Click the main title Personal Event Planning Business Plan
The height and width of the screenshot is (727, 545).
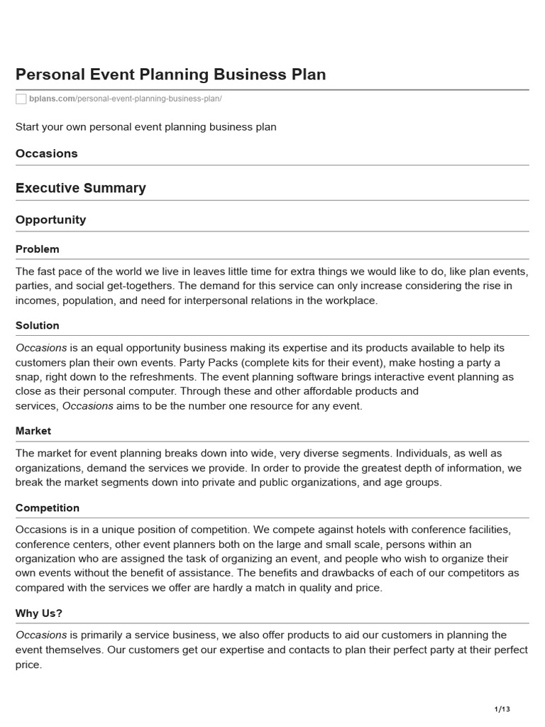(170, 75)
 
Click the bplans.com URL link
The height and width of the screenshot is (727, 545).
(125, 98)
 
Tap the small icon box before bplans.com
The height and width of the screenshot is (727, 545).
(21, 99)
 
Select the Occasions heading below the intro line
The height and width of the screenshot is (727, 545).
(47, 153)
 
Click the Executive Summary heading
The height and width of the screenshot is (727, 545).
(81, 188)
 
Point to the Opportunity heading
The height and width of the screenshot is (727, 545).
(51, 220)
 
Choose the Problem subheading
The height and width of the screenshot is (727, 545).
(38, 249)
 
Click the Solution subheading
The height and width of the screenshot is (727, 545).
(38, 325)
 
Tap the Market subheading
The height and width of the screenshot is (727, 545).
(33, 431)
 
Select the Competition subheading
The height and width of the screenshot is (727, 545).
(48, 508)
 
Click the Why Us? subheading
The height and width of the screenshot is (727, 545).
(40, 613)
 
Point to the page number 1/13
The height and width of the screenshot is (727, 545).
(502, 709)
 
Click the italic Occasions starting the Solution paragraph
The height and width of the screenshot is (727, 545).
(41, 348)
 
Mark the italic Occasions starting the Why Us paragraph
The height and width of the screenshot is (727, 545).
(41, 635)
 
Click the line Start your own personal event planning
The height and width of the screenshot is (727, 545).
(146, 127)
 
